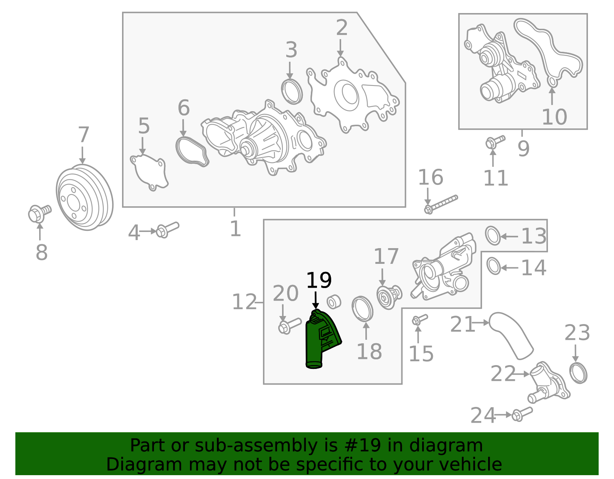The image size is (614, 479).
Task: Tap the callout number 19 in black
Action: pyautogui.click(x=319, y=281)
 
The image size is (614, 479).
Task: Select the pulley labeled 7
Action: pyautogui.click(x=84, y=198)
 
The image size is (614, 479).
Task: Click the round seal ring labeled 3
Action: pyautogui.click(x=292, y=92)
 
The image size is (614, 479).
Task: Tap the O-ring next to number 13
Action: pyautogui.click(x=493, y=235)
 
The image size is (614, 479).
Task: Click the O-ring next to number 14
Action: pyautogui.click(x=494, y=266)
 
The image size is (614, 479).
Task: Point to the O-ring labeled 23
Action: pyautogui.click(x=578, y=373)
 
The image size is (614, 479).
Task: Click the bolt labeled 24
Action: pyautogui.click(x=522, y=414)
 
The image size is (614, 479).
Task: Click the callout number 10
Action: pyautogui.click(x=554, y=117)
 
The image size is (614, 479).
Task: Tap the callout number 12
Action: pyautogui.click(x=244, y=302)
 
